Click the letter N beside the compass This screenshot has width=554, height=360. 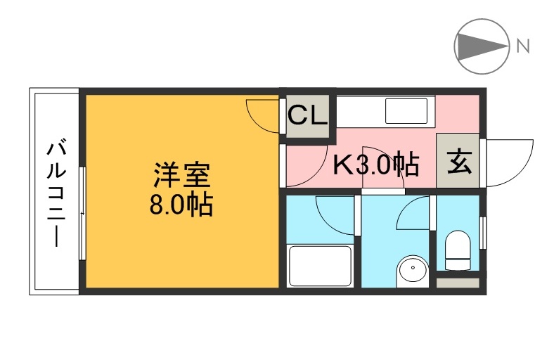pos(522,47)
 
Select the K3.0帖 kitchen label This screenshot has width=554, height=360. pos(376,165)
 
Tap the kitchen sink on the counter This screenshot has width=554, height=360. pos(406,111)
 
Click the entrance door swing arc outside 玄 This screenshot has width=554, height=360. pos(508,162)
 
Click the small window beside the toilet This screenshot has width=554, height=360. pos(483,232)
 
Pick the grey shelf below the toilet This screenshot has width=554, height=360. pos(458,283)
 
